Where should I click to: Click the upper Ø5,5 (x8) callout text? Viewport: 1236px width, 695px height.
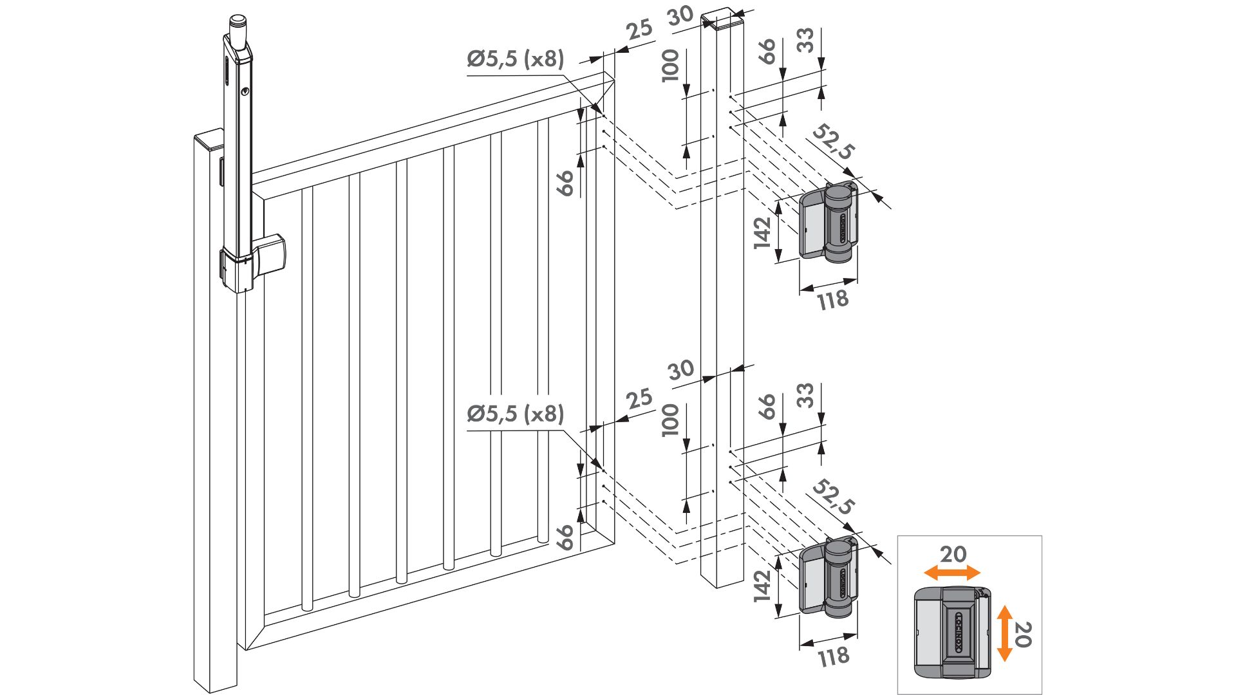click(x=515, y=59)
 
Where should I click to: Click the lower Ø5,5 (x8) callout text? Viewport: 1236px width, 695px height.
click(x=515, y=414)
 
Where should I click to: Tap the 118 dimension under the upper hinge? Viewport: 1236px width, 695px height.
click(x=833, y=300)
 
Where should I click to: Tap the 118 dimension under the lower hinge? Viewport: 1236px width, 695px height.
click(x=833, y=657)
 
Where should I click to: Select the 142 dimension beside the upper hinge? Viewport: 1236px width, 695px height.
click(x=762, y=232)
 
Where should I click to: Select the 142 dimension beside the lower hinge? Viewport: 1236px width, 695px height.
click(x=762, y=586)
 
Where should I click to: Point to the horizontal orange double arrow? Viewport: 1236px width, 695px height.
click(x=951, y=573)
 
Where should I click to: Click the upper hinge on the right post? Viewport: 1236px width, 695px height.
click(x=829, y=222)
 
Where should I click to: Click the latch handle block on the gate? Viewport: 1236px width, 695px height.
click(x=270, y=254)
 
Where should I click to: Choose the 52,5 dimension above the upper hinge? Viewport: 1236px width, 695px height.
click(x=833, y=142)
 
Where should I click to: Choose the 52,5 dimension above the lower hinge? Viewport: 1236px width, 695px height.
click(x=833, y=497)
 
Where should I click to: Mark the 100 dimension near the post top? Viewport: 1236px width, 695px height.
click(x=671, y=65)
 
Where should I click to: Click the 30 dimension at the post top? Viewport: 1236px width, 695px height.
click(x=680, y=15)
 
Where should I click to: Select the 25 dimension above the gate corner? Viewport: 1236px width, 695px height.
click(x=639, y=30)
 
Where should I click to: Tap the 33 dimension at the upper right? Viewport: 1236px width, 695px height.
click(x=805, y=40)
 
